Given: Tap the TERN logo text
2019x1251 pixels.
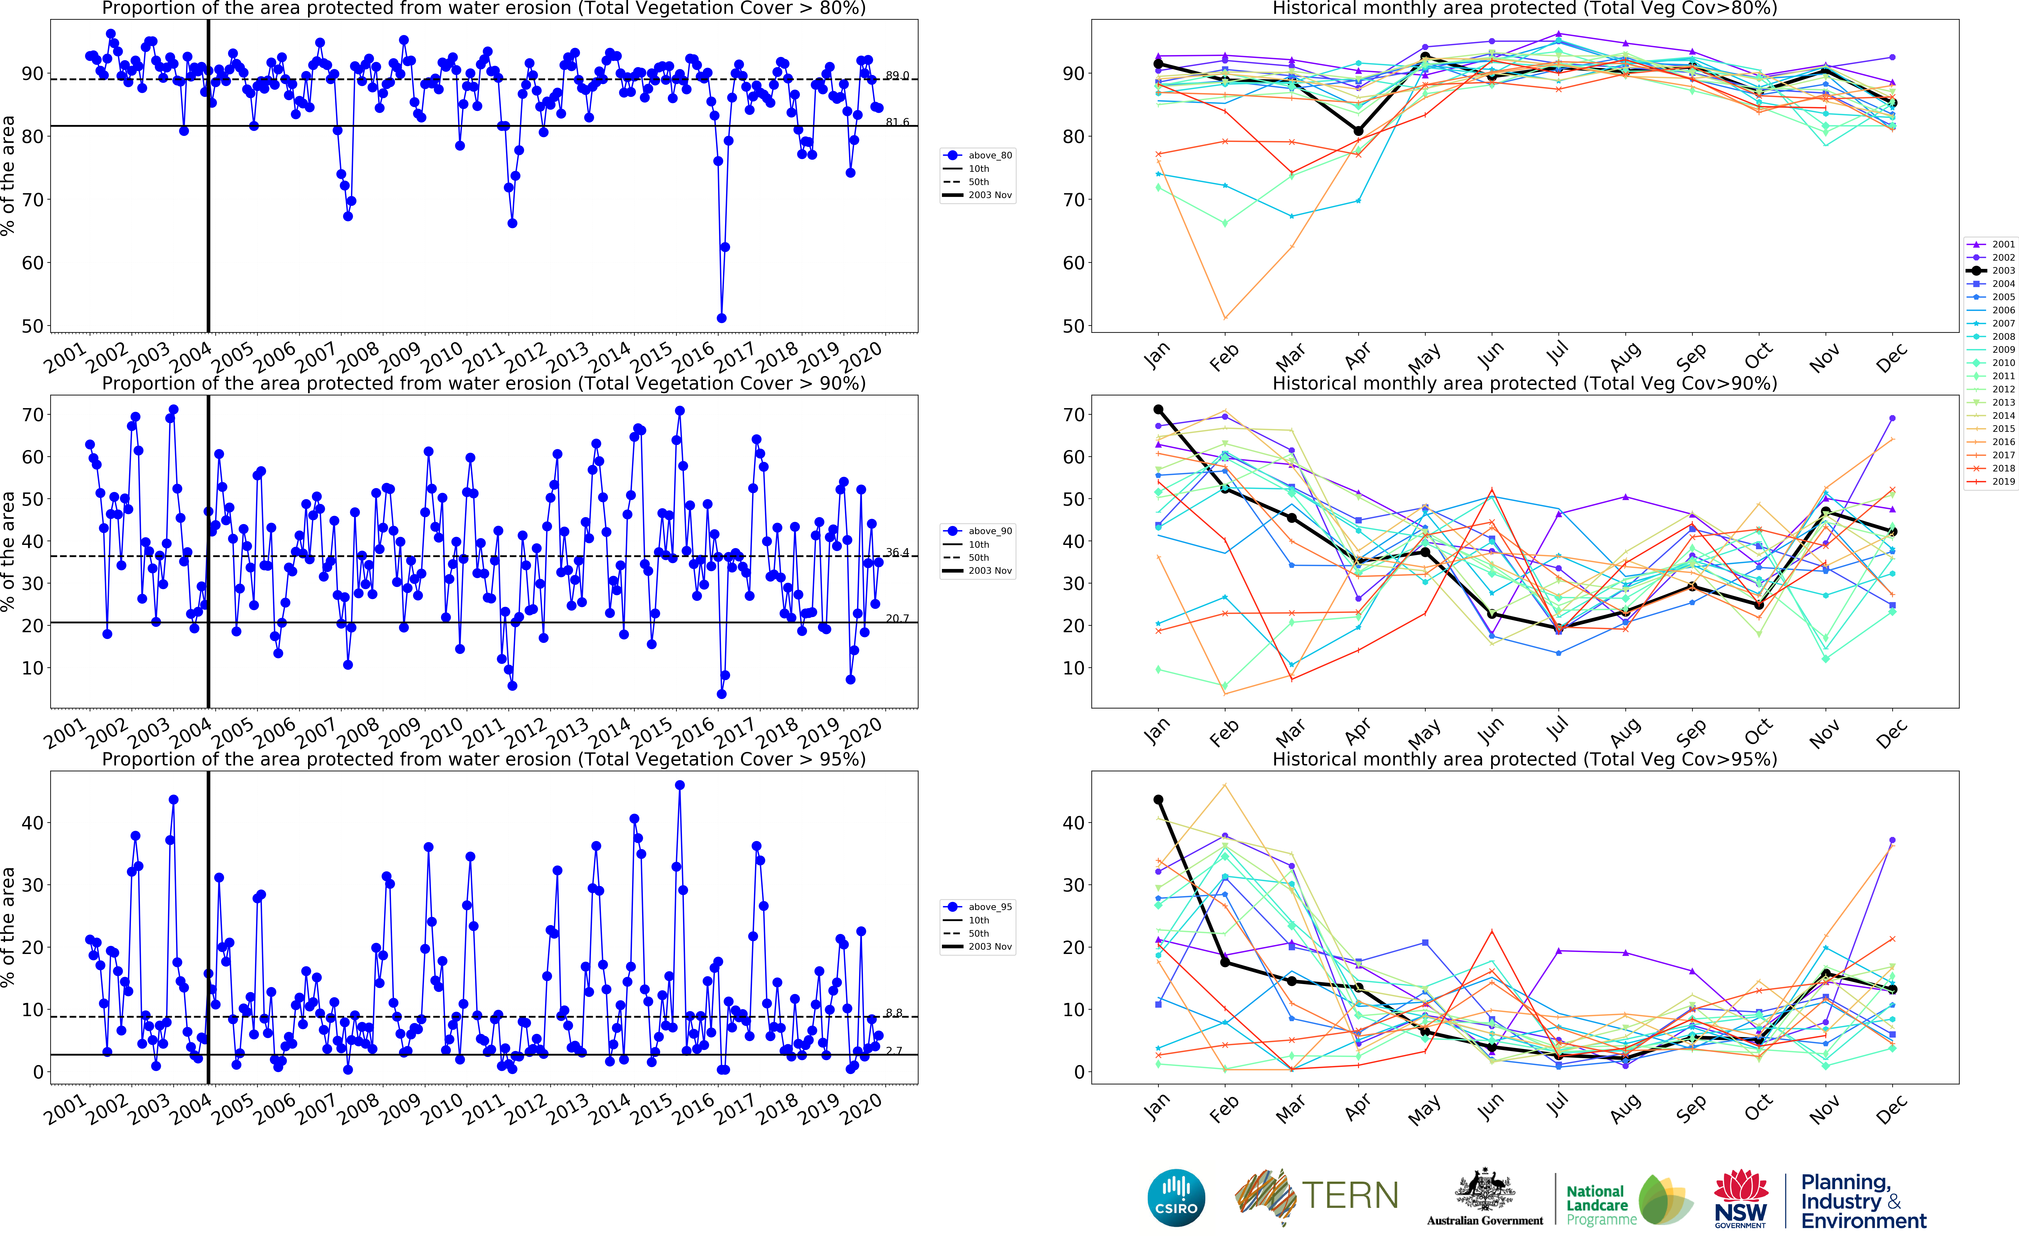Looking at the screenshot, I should tap(1350, 1196).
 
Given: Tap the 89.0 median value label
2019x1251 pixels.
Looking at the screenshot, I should tap(897, 75).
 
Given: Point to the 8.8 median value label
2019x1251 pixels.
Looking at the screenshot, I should tap(893, 1013).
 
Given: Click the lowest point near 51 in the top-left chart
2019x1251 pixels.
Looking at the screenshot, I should tap(721, 318).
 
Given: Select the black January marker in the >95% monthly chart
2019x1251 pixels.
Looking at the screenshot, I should tap(1158, 800).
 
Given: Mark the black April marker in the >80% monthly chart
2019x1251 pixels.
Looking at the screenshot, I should tap(1358, 131).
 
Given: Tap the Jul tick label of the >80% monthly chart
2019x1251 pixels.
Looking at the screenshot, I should tap(1557, 354).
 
